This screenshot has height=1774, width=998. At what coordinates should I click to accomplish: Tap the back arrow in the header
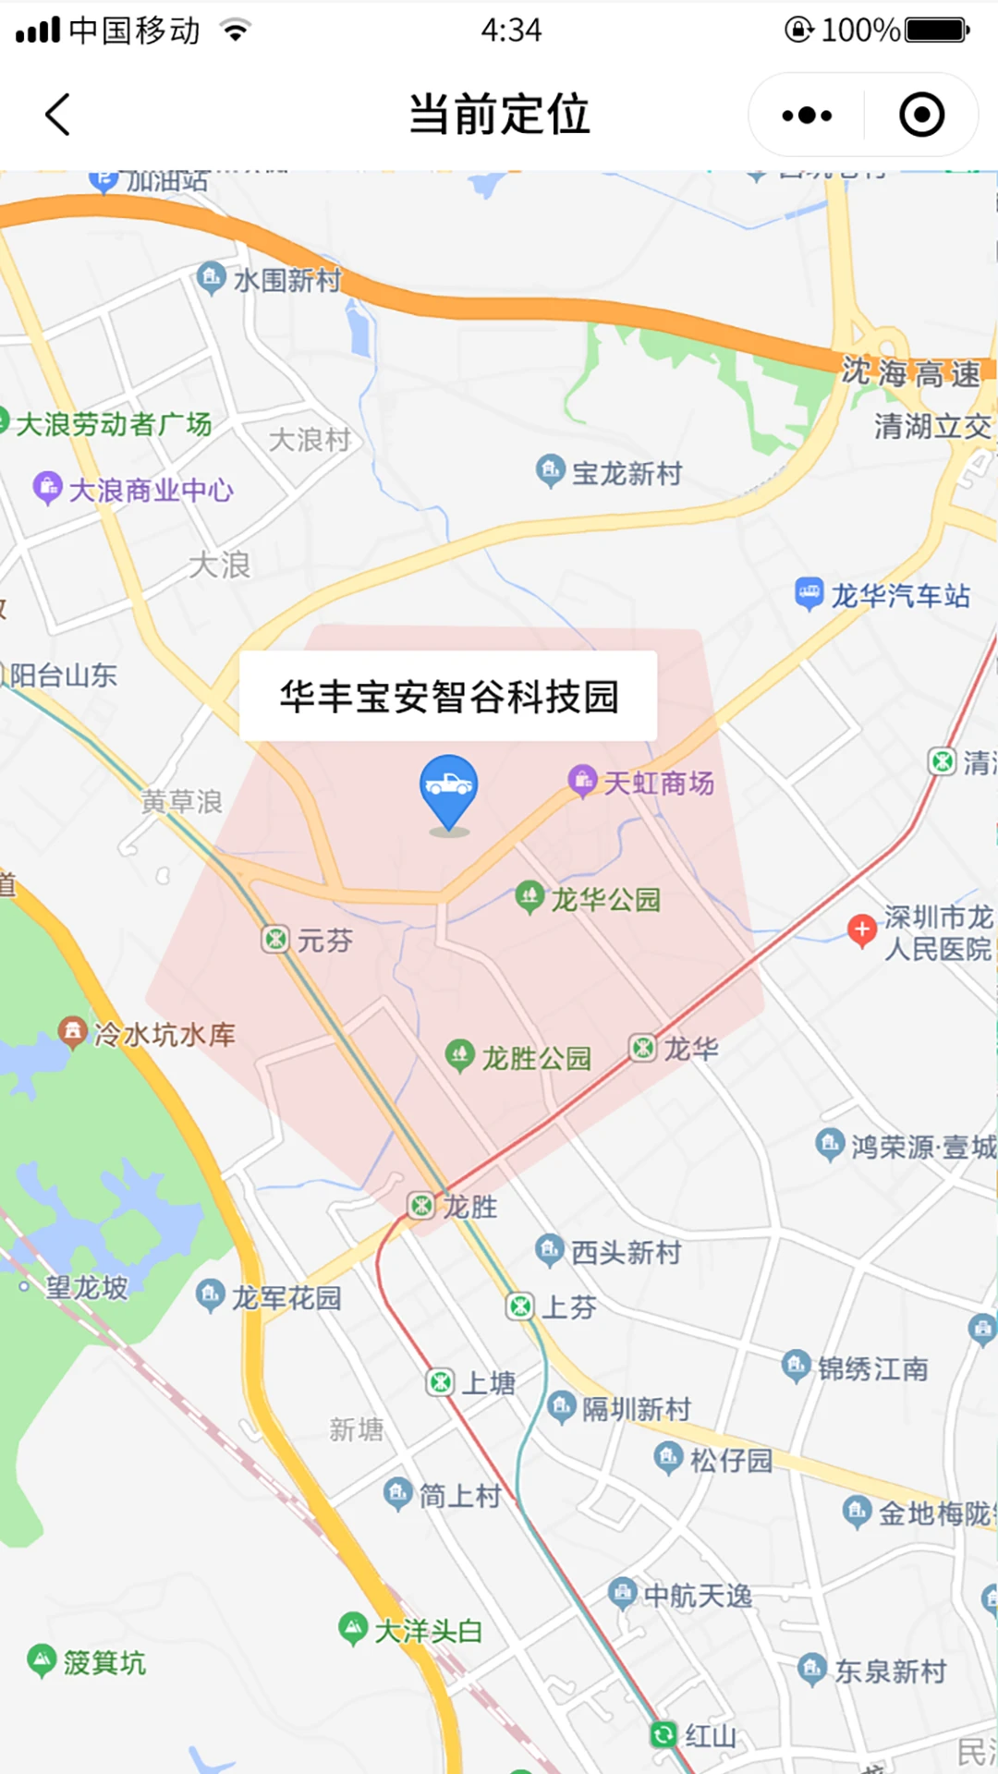click(x=58, y=115)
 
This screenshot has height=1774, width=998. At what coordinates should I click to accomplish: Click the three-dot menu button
click(x=807, y=115)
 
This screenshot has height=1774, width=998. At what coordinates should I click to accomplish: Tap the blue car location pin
click(x=449, y=790)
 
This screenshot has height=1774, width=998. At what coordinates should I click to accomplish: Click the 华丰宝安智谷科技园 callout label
click(x=448, y=696)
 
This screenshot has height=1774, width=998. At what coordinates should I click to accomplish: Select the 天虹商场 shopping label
click(x=657, y=784)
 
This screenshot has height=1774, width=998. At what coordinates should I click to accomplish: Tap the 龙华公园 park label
click(x=604, y=899)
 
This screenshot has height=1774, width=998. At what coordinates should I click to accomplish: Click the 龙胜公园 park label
click(x=535, y=1057)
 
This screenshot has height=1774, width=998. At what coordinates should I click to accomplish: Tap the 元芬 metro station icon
click(x=275, y=940)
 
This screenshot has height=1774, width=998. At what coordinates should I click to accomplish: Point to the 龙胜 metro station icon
click(x=421, y=1205)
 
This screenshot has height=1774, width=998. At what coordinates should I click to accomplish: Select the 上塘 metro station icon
click(x=441, y=1382)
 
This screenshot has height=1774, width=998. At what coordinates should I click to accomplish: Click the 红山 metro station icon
click(x=663, y=1734)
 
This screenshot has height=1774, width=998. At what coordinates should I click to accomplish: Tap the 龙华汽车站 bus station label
click(x=899, y=595)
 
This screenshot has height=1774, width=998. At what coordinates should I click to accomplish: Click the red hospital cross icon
click(x=862, y=930)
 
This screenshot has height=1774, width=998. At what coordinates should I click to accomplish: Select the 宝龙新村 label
click(x=626, y=473)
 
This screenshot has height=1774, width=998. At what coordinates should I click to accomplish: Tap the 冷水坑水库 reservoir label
click(x=164, y=1034)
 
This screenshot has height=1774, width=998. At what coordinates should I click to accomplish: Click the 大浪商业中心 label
click(x=151, y=490)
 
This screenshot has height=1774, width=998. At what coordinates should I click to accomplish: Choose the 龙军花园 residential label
click(x=286, y=1297)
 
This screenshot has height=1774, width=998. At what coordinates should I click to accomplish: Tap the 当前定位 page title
click(x=499, y=115)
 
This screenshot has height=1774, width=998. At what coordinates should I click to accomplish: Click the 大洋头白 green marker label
click(x=427, y=1630)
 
